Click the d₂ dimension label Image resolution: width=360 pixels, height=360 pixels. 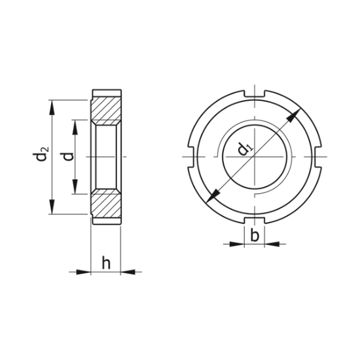point(41,156)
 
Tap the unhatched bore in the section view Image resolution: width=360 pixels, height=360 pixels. point(105,157)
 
